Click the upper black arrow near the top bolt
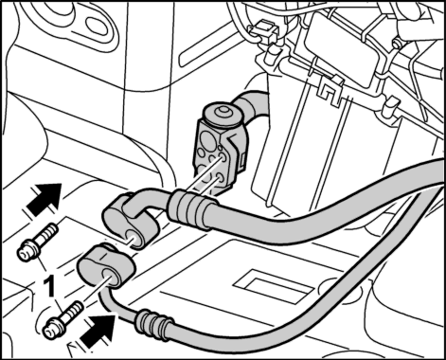(x=45, y=199)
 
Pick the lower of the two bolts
(x=63, y=320)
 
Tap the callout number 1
(x=49, y=285)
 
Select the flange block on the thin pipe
(x=107, y=266)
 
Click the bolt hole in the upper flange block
(x=135, y=238)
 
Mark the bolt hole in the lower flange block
(x=109, y=276)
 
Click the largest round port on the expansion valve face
(x=207, y=139)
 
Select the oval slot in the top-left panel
(x=98, y=28)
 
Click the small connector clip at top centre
(x=264, y=29)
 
